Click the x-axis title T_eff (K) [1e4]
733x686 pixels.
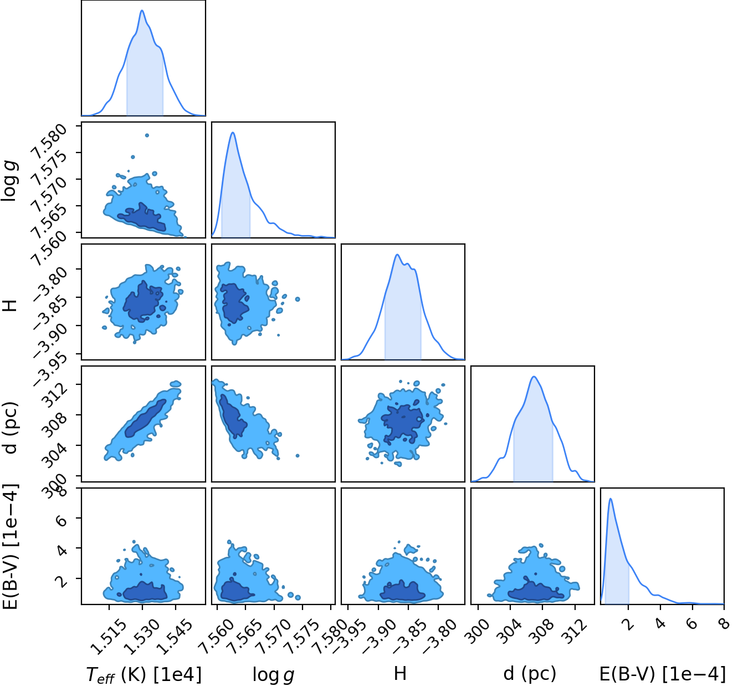(x=143, y=674)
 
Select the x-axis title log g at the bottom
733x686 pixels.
(x=274, y=675)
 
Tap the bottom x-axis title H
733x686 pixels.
(x=401, y=673)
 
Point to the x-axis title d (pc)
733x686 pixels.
(x=530, y=674)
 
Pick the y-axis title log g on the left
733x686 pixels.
(x=10, y=181)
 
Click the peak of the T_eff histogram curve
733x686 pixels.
(x=142, y=11)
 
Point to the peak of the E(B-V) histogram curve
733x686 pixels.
(x=611, y=499)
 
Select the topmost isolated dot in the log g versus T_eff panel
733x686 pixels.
(x=147, y=135)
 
